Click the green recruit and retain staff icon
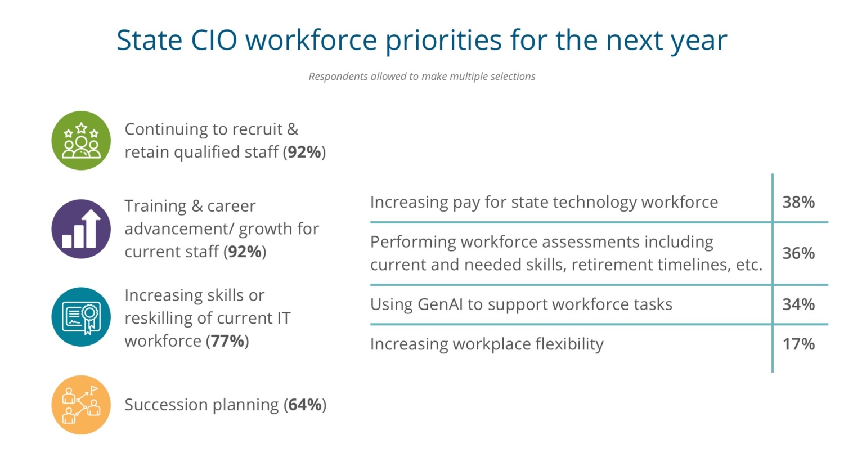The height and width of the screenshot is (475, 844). (x=81, y=140)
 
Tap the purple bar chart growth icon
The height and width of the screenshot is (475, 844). (x=81, y=228)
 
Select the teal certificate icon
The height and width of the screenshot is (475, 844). (x=81, y=317)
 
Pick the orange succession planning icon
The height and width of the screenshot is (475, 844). (x=81, y=405)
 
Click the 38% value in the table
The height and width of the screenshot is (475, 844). (x=798, y=202)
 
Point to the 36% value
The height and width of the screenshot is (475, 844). (x=798, y=253)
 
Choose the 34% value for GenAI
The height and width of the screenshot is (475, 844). (x=798, y=304)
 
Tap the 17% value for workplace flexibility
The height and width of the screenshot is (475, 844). (x=798, y=344)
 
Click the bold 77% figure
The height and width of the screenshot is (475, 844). (x=227, y=341)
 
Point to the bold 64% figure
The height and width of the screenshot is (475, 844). (x=305, y=405)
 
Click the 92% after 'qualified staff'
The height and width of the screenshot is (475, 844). (x=304, y=152)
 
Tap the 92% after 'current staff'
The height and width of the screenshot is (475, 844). (x=245, y=252)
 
